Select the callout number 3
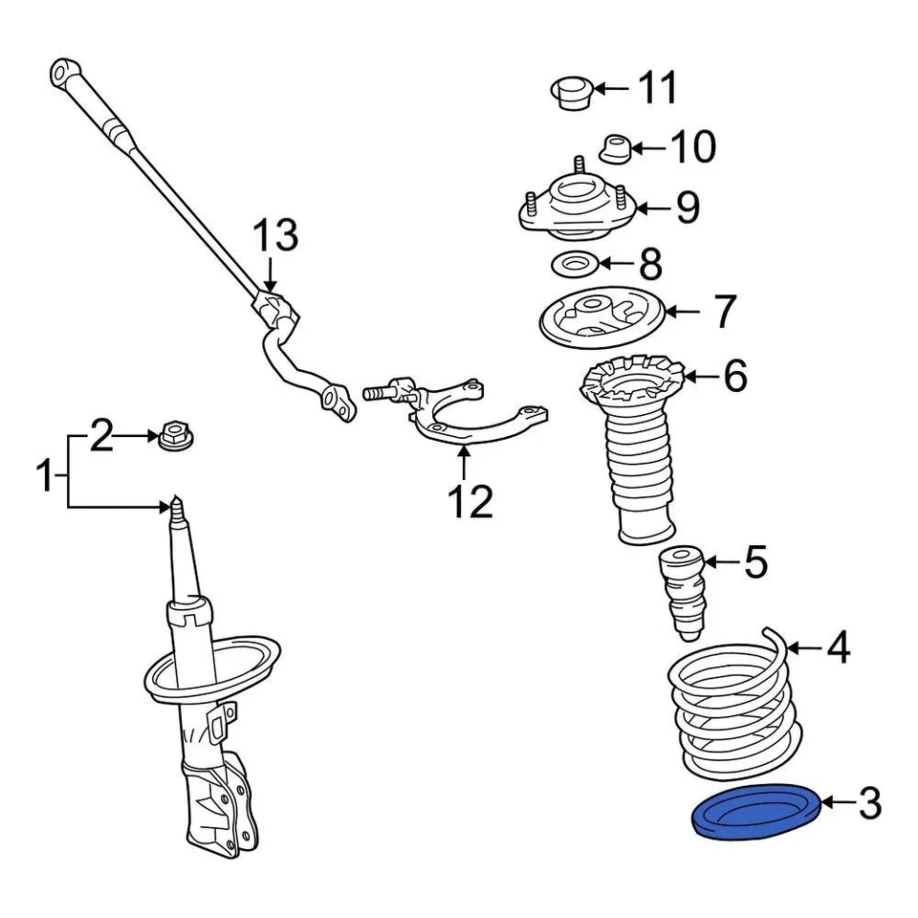(x=868, y=804)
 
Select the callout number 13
(x=274, y=235)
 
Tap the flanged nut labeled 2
(x=174, y=437)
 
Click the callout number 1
(x=46, y=475)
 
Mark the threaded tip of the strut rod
(x=176, y=506)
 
